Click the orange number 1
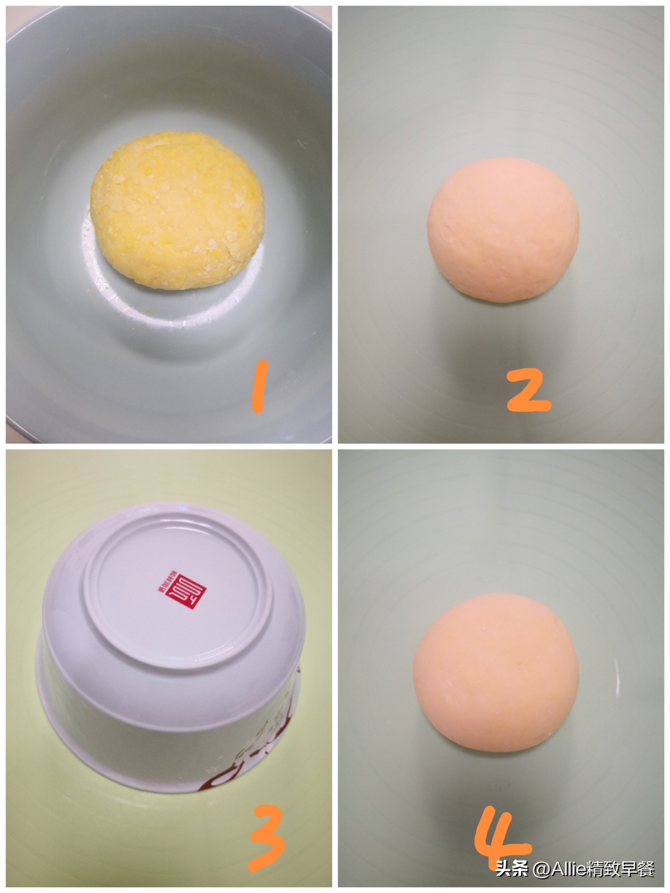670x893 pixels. tap(259, 386)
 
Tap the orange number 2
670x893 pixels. tap(528, 391)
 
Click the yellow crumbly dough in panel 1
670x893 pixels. tap(178, 210)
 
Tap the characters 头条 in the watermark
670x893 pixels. tap(511, 869)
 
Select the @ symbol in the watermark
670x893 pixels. tap(541, 869)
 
